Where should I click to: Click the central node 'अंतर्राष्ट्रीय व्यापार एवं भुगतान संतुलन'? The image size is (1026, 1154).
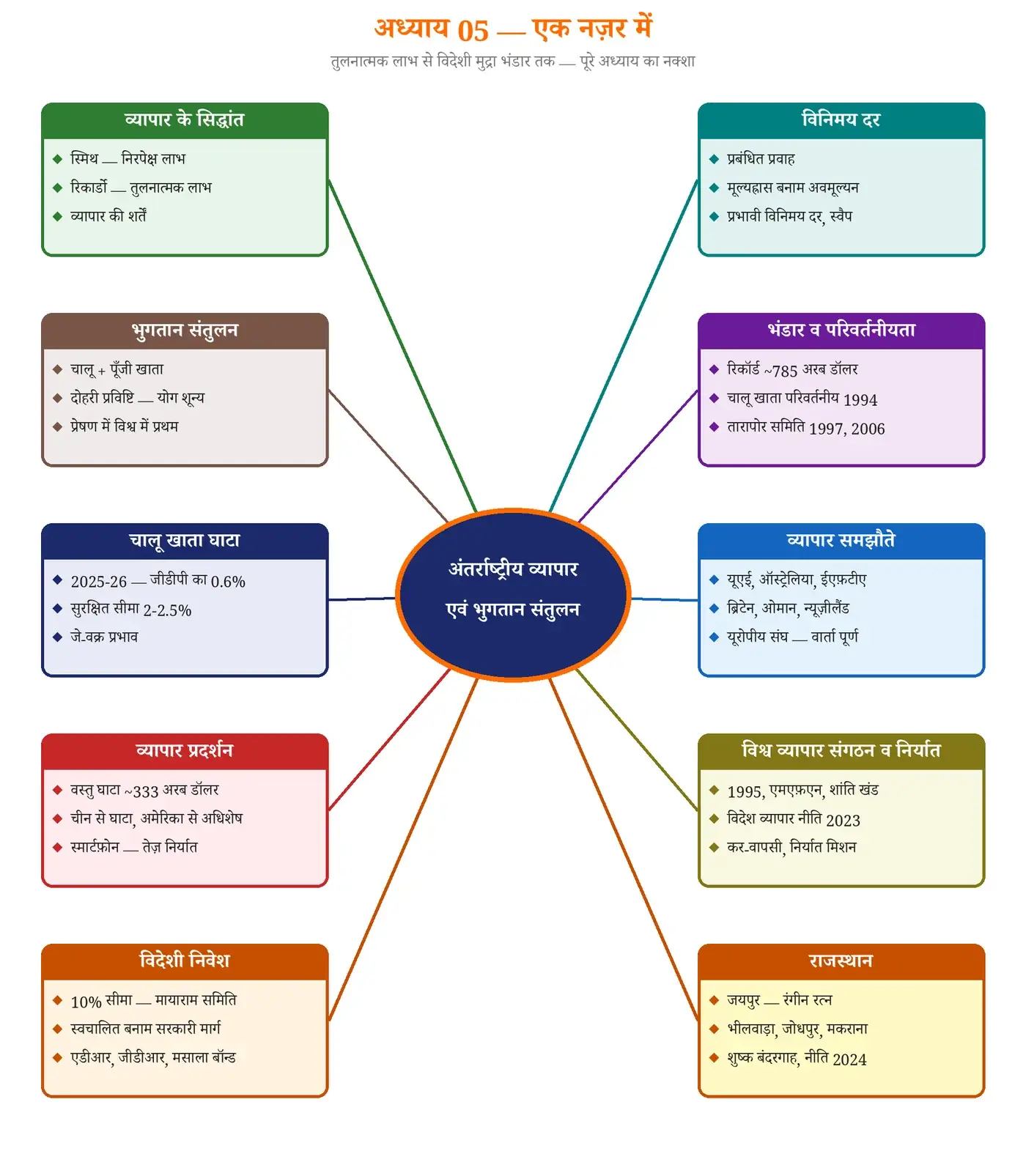[x=513, y=595]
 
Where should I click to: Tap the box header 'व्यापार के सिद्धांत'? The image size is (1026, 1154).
[x=185, y=119]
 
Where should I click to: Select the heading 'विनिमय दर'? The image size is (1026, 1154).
[x=841, y=119]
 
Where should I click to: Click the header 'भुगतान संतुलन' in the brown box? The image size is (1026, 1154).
[x=185, y=330]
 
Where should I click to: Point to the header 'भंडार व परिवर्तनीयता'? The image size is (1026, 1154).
[x=841, y=330]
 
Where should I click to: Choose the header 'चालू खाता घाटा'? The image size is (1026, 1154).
[x=185, y=541]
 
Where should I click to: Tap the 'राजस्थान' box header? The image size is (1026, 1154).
[x=841, y=961]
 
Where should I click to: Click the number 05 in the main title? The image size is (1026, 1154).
[x=473, y=31]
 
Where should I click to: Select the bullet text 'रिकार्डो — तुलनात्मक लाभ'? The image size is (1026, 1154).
[x=141, y=188]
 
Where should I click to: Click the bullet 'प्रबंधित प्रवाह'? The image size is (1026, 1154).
[x=761, y=159]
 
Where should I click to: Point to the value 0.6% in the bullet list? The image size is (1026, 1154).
[x=228, y=582]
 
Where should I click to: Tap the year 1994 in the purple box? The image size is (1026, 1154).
[x=860, y=400]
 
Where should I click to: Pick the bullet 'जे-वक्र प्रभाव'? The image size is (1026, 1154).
[x=104, y=637]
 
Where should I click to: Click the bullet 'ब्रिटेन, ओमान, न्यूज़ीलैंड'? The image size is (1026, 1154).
[x=788, y=608]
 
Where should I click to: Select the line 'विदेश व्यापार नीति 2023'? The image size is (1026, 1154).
[x=794, y=819]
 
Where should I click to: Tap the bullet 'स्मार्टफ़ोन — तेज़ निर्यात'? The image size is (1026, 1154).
[x=134, y=847]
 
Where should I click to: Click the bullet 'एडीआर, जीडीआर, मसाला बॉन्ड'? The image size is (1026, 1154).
[x=153, y=1058]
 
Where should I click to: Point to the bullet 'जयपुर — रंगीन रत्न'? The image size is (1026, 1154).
[x=780, y=1000]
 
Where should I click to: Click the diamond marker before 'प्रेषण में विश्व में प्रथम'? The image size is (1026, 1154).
[x=57, y=426]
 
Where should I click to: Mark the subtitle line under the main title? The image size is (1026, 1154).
[x=513, y=62]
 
